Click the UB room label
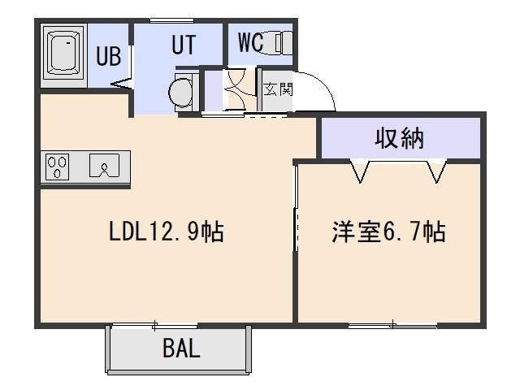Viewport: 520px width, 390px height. (108, 55)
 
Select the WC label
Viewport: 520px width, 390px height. (251, 42)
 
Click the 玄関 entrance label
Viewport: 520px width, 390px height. (278, 89)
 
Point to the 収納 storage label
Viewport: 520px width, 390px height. (400, 137)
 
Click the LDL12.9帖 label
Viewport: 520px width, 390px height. (167, 231)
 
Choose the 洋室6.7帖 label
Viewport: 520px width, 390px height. (388, 231)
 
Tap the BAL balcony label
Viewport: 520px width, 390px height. (181, 348)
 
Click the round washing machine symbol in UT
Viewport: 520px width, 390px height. (180, 93)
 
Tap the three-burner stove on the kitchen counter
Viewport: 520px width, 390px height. (57, 167)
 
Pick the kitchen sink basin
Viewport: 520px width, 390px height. (104, 165)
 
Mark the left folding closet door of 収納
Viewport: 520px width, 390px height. (360, 171)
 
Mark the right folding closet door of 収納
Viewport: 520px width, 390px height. (436, 171)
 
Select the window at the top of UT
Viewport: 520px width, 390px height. (171, 21)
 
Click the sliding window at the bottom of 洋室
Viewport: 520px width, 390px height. (392, 325)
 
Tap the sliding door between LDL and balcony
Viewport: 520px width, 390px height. (154, 326)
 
